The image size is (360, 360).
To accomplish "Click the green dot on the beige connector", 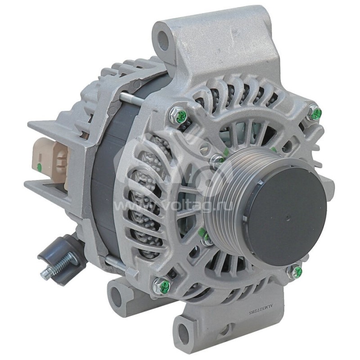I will [x=40, y=167].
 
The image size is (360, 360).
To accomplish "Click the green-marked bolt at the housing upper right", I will [x=316, y=113].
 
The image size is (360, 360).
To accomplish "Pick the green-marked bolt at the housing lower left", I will [x=164, y=285].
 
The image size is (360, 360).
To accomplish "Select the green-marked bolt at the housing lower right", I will [x=297, y=271].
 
